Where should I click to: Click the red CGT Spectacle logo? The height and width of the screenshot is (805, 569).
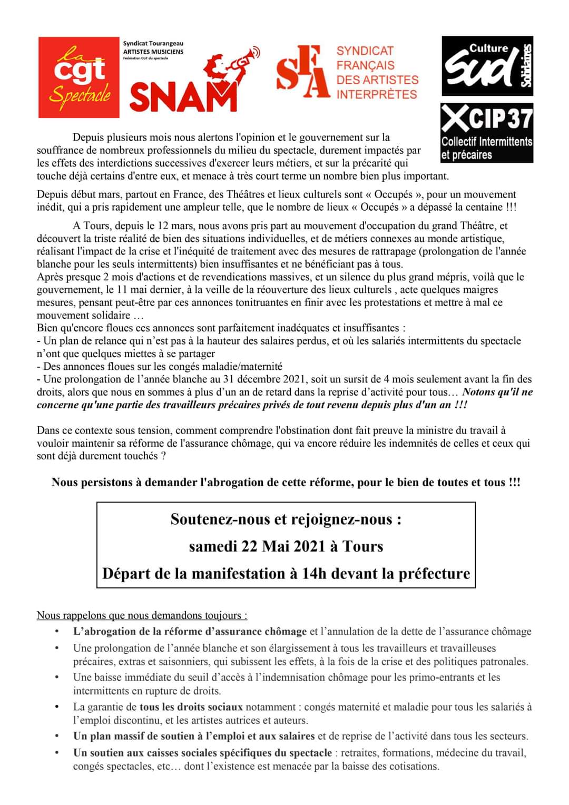[x=79, y=77]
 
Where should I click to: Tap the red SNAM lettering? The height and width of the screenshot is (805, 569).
[x=183, y=99]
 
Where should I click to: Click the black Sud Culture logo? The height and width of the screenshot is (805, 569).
[x=487, y=66]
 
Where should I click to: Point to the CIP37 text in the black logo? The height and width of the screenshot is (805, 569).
[x=487, y=118]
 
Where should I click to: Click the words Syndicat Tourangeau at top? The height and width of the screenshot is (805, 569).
[x=153, y=43]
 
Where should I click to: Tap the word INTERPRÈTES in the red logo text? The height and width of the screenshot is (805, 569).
[x=377, y=95]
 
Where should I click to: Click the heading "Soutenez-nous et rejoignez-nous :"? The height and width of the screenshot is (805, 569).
[x=286, y=519]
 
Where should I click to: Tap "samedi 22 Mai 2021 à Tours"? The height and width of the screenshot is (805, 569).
[x=286, y=546]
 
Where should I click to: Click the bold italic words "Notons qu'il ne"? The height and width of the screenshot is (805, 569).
[x=497, y=392]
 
